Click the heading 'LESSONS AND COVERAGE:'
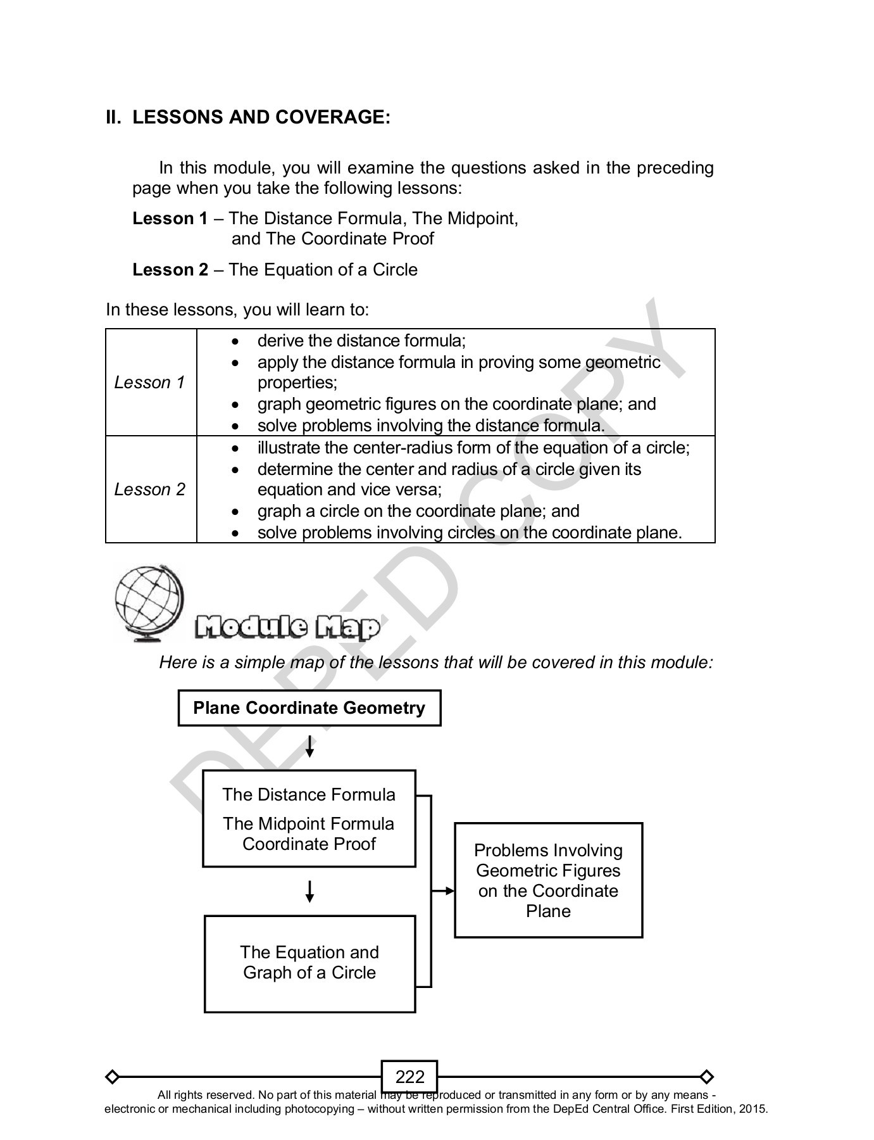pyautogui.click(x=261, y=117)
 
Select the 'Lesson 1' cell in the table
pyautogui.click(x=150, y=383)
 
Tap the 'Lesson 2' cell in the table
pyautogui.click(x=150, y=490)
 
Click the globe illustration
pyautogui.click(x=149, y=602)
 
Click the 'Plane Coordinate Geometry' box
pyautogui.click(x=309, y=708)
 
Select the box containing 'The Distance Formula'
pyautogui.click(x=309, y=818)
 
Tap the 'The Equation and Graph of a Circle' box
pyautogui.click(x=309, y=963)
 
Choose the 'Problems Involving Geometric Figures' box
pyautogui.click(x=548, y=880)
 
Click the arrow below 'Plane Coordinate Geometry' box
pyautogui.click(x=309, y=747)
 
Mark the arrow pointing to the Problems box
pyautogui.click(x=445, y=891)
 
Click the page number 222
pyautogui.click(x=409, y=1077)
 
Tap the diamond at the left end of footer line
pyautogui.click(x=112, y=1077)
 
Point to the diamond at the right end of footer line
pyautogui.click(x=707, y=1077)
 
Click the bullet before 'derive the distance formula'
pyautogui.click(x=235, y=341)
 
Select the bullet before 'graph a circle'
pyautogui.click(x=235, y=512)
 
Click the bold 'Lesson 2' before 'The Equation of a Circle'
pyautogui.click(x=170, y=270)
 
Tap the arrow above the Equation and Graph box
pyautogui.click(x=309, y=891)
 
